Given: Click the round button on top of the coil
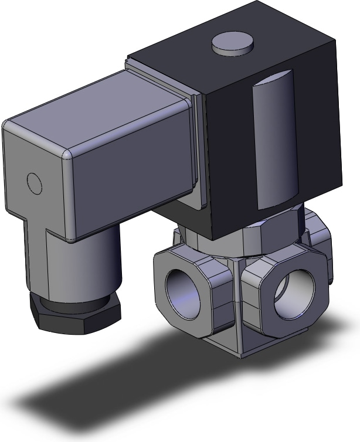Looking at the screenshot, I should (233, 45).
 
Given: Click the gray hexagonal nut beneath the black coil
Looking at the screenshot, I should (276, 232).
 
